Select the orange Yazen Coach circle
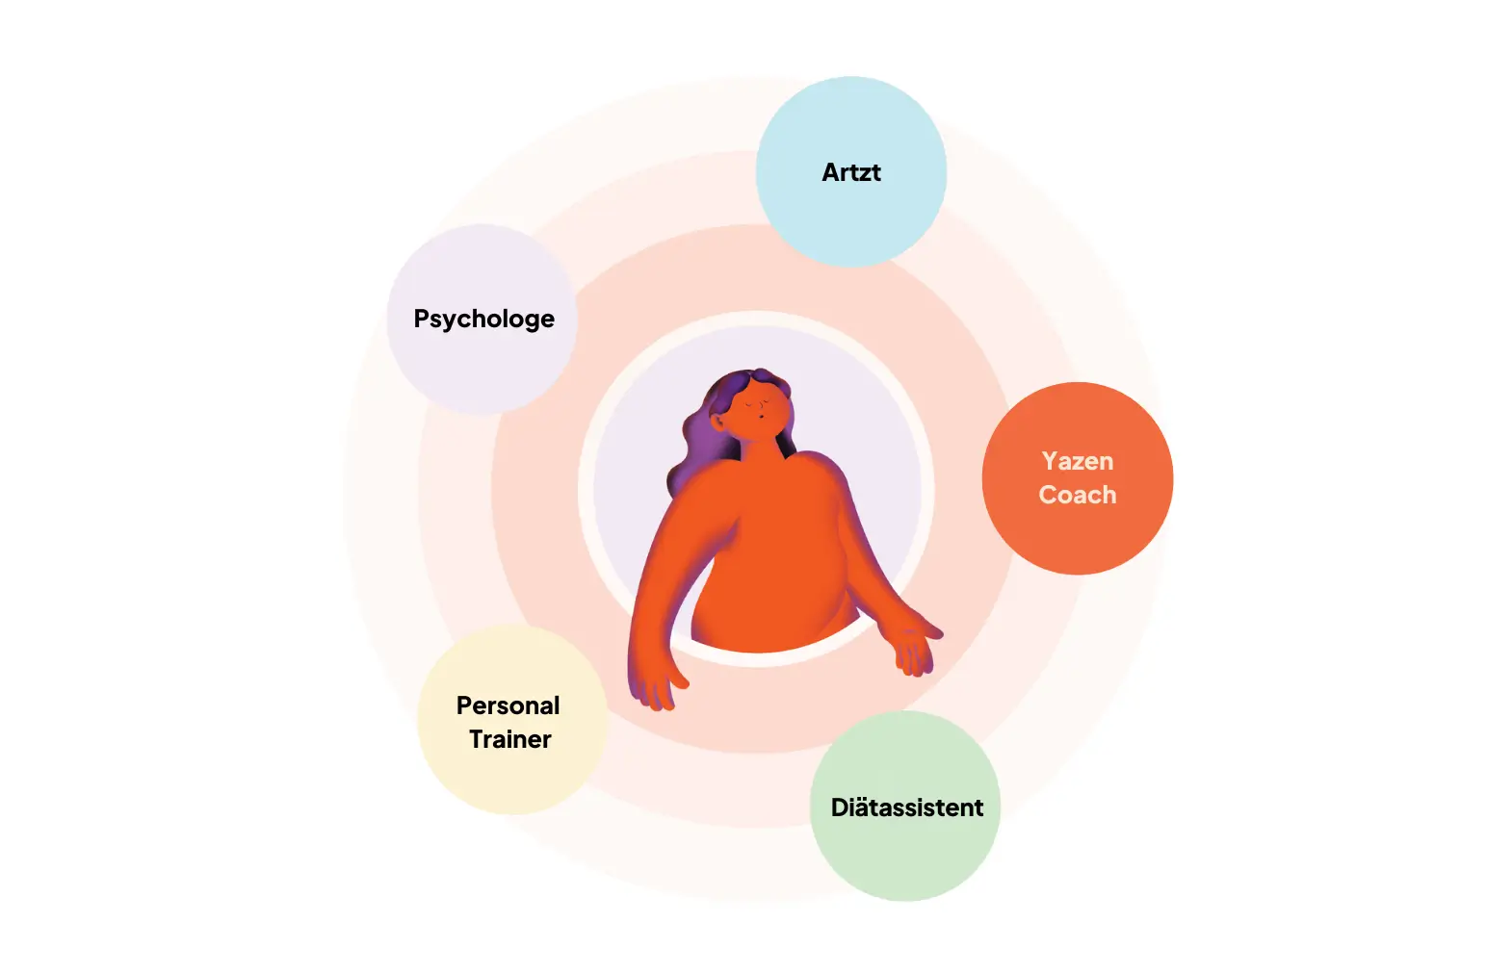[1078, 539]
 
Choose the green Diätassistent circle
[905, 857]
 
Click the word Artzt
[851, 172]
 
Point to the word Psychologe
[483, 319]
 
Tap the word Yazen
[1078, 461]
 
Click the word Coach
[1078, 495]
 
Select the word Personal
[508, 705]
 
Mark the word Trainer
[510, 739]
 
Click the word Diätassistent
[907, 807]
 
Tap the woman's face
[756, 409]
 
